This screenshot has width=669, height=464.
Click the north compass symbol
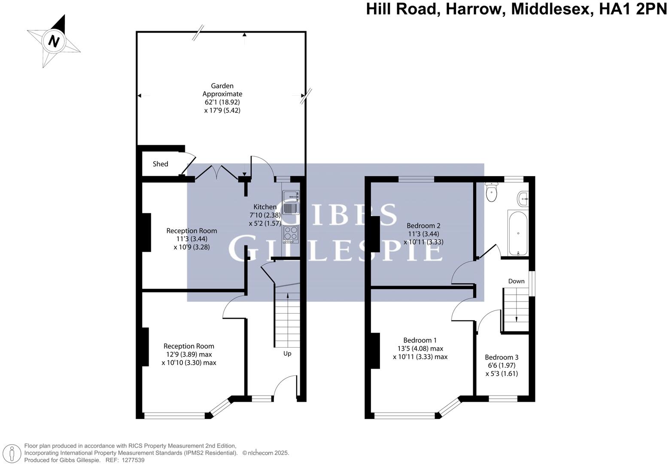[54, 41]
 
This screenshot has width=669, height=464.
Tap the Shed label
[161, 164]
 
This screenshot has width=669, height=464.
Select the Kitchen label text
[265, 207]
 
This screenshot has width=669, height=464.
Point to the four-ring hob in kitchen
[291, 233]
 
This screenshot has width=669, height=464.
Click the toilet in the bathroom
[491, 192]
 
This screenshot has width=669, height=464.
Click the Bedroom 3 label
[502, 357]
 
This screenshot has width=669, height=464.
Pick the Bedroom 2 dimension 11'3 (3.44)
[423, 234]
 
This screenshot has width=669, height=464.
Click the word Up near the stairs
[287, 354]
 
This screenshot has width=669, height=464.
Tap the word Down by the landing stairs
[516, 281]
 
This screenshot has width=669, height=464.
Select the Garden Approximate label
[222, 90]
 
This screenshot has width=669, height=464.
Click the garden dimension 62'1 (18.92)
[222, 102]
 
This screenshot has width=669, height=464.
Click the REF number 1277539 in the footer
[134, 460]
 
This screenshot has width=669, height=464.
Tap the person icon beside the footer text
[12, 453]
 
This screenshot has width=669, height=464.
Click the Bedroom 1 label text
[420, 340]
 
